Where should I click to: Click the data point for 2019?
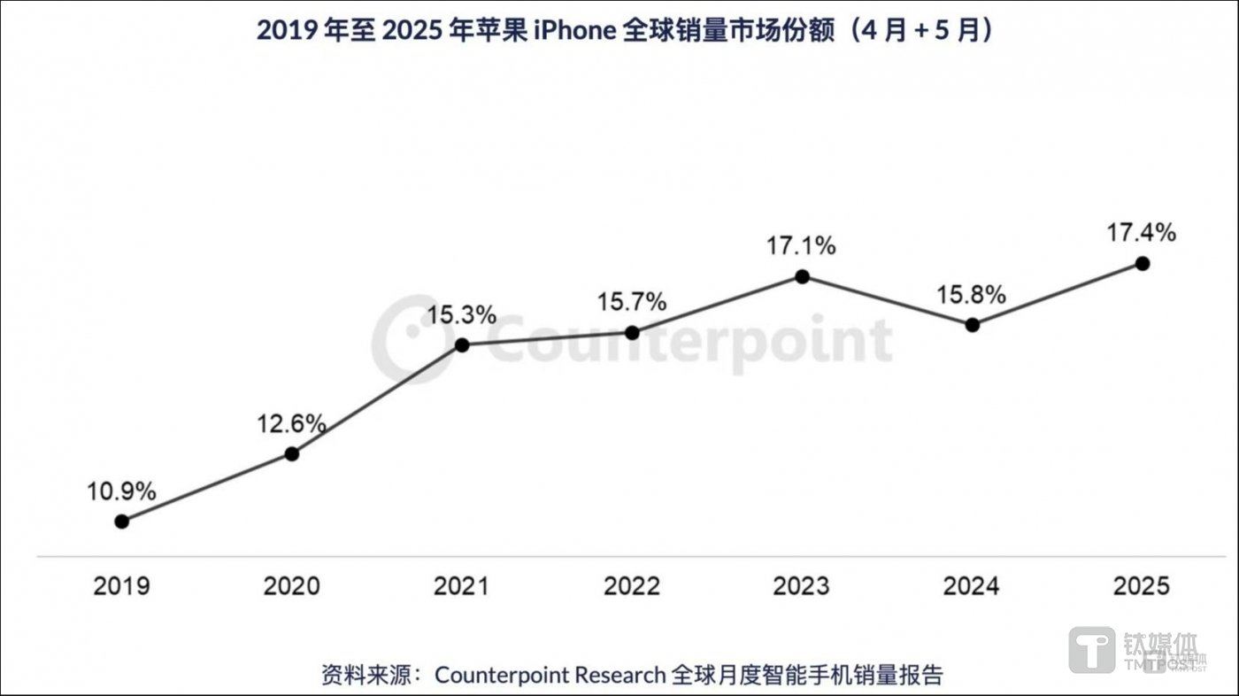click(x=122, y=522)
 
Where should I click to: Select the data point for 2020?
click(x=292, y=454)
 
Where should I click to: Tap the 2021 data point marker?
click(x=462, y=344)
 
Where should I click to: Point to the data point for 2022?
click(x=632, y=333)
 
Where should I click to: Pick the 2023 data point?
click(x=802, y=276)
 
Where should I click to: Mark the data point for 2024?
click(x=972, y=325)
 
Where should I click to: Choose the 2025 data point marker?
click(x=1142, y=263)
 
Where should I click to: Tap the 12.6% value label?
click(x=292, y=423)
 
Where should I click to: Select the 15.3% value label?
click(x=462, y=314)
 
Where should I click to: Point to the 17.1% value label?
click(x=802, y=245)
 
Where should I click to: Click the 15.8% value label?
click(x=972, y=295)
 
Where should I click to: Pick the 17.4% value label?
click(x=1142, y=233)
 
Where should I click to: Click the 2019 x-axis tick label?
click(x=122, y=586)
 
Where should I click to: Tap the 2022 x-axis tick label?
click(x=632, y=586)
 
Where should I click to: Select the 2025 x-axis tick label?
click(x=1142, y=586)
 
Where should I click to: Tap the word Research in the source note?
click(x=619, y=675)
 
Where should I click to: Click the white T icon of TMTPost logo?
click(x=1092, y=650)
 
